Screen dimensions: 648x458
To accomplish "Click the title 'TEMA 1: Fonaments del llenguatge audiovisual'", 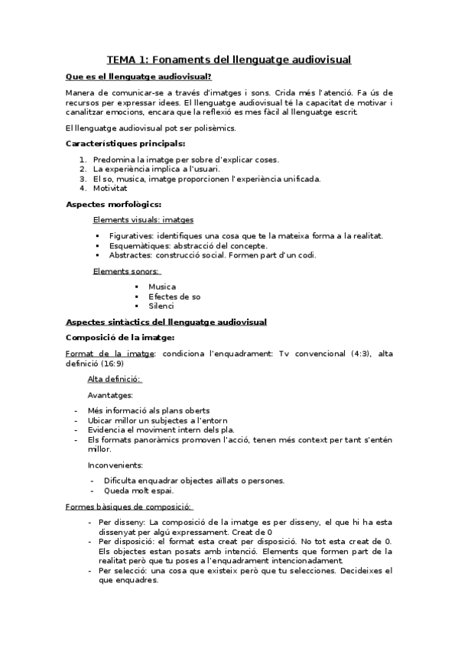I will [x=229, y=59].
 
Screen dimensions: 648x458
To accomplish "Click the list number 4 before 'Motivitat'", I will [x=83, y=189].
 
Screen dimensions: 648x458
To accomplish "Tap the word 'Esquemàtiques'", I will [x=135, y=245].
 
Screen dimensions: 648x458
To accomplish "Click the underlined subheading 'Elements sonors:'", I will [x=126, y=271].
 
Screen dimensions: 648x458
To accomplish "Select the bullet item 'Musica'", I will [x=162, y=287].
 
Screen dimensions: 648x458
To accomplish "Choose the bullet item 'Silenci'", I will [x=161, y=306].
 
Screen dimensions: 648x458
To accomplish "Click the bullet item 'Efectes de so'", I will [x=174, y=296].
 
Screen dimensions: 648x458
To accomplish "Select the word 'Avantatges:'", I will [x=110, y=395].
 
